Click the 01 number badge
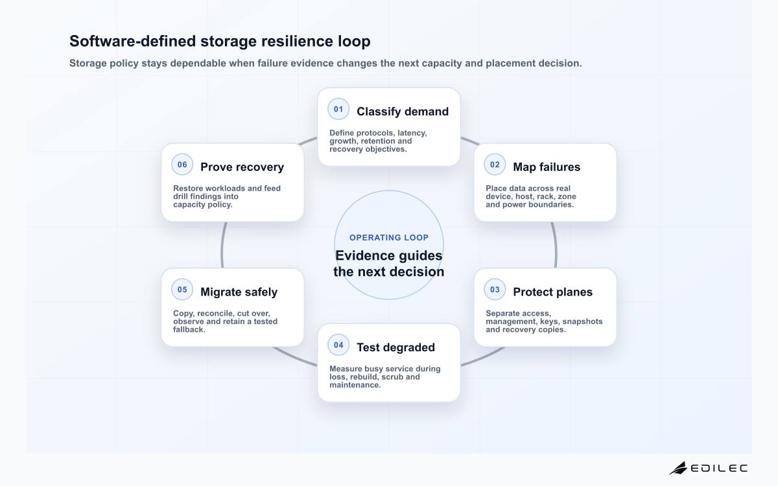point(338,109)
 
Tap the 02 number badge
point(495,165)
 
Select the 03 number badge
point(495,290)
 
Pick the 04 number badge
point(338,345)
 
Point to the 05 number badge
point(182,290)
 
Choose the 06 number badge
point(182,165)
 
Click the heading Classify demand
point(403,111)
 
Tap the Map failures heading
point(547,167)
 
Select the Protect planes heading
point(552,292)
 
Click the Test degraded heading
point(395,347)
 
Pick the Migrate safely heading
point(239,292)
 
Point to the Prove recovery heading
point(242,167)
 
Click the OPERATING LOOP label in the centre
point(389,237)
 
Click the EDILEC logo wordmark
point(719,469)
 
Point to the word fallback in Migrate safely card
point(189,329)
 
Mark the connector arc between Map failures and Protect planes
point(555,245)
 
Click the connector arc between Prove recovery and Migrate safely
point(222,245)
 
